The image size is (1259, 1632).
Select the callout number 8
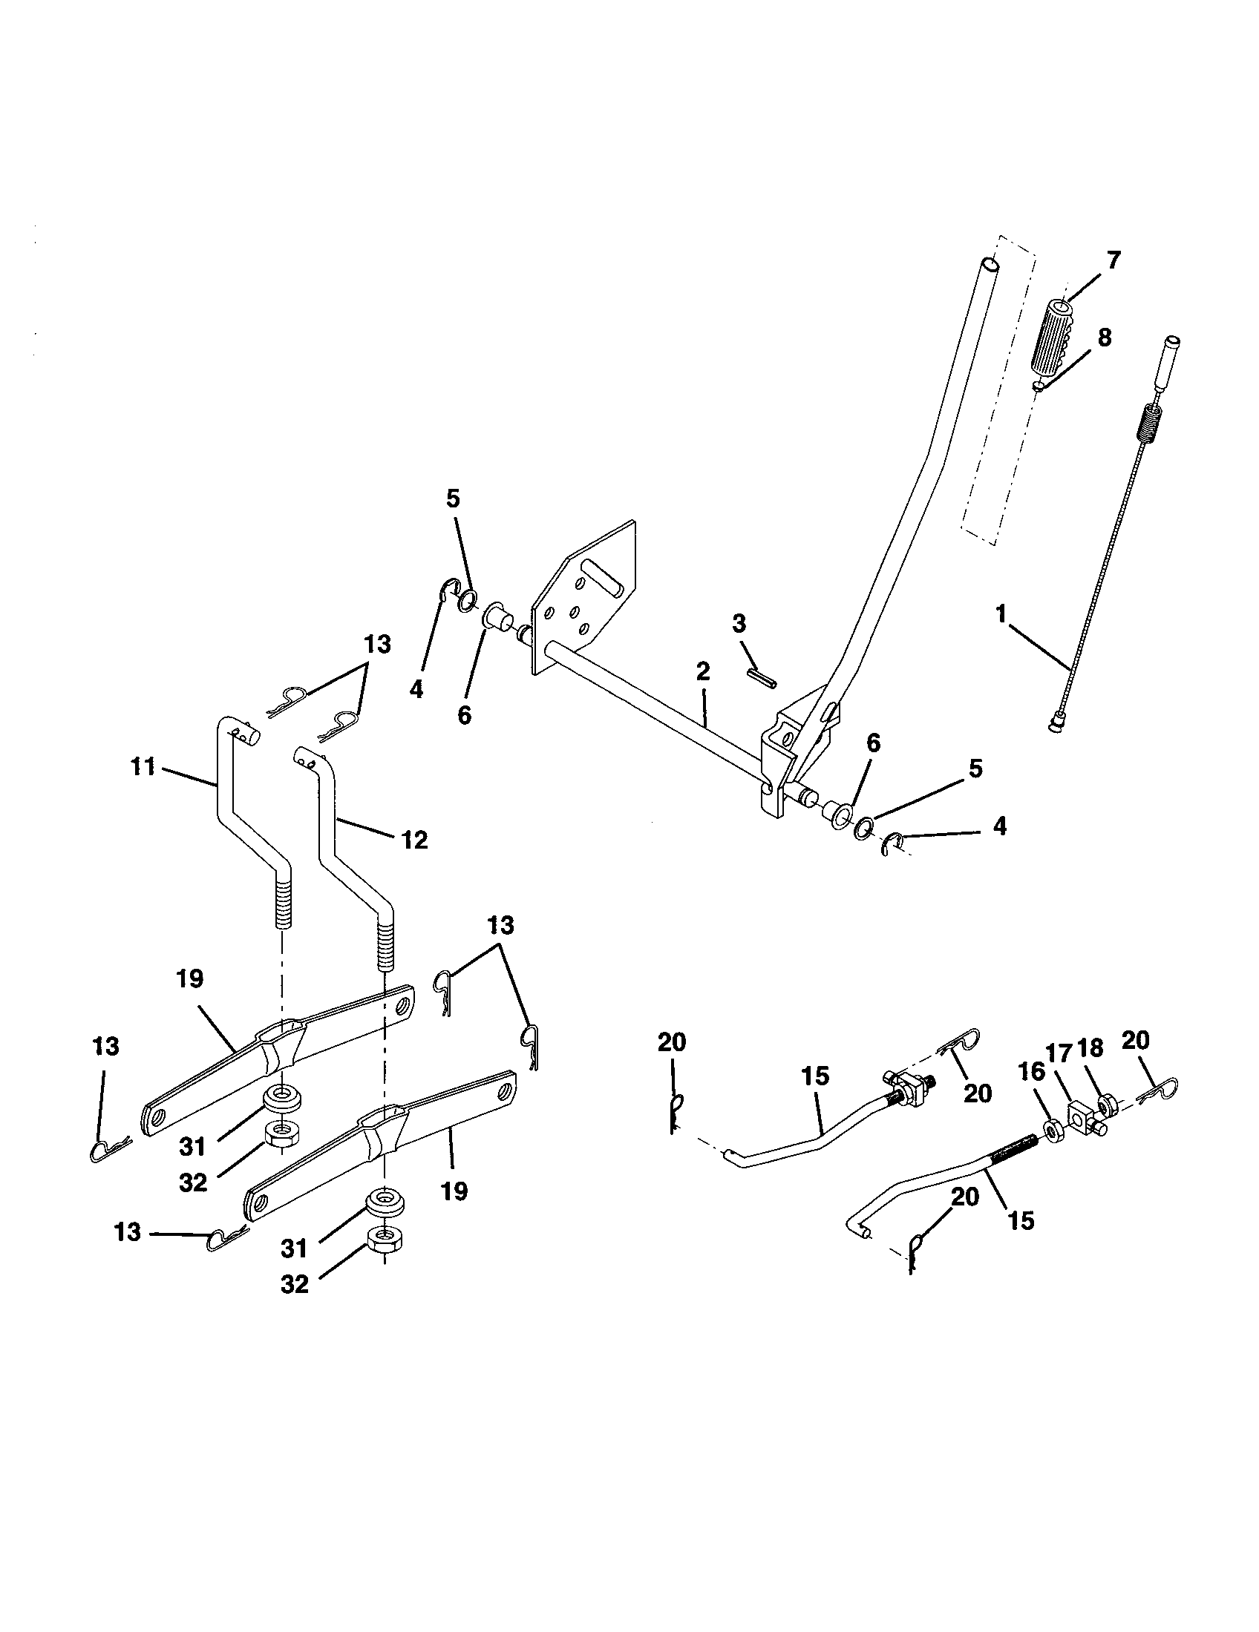1104,338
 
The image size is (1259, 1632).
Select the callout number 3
739,622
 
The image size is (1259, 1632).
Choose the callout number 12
415,840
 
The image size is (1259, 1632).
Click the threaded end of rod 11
283,904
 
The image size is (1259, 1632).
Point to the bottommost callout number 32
295,1285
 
